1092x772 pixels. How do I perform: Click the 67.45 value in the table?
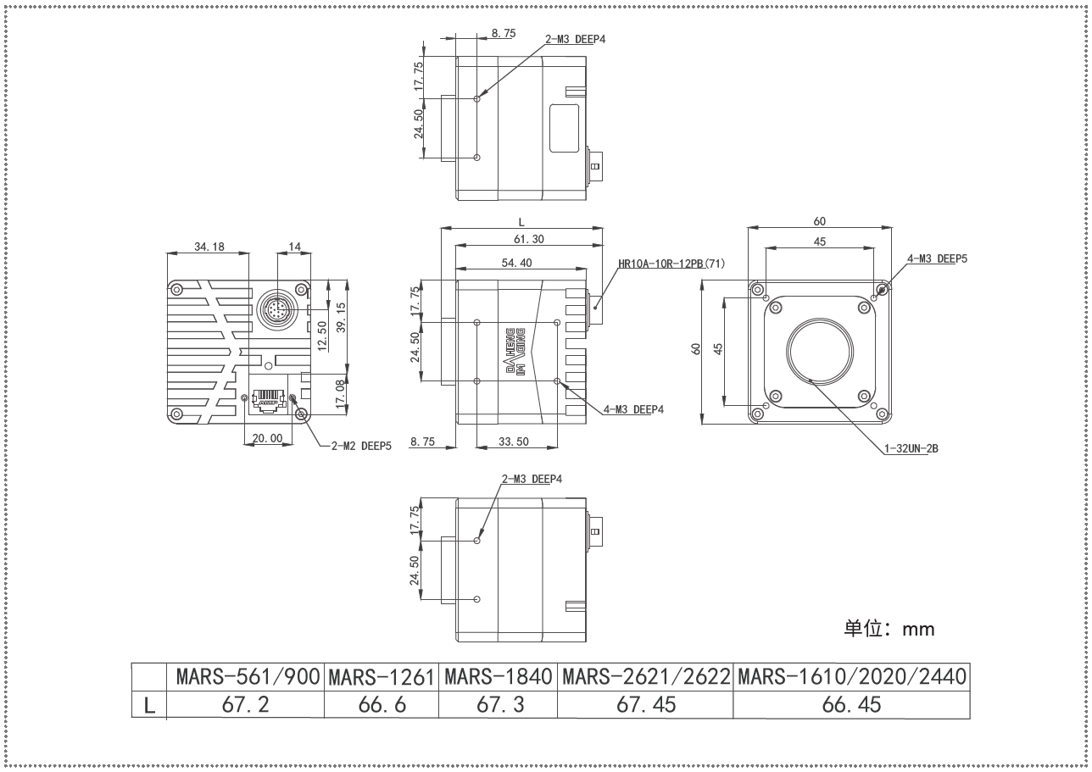pyautogui.click(x=646, y=705)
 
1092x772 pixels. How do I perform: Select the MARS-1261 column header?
pyautogui.click(x=382, y=677)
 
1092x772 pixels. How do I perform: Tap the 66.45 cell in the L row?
pyautogui.click(x=852, y=705)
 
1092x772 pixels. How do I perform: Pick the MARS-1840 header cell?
pyautogui.click(x=499, y=677)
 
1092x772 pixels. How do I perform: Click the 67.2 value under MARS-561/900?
pyautogui.click(x=245, y=705)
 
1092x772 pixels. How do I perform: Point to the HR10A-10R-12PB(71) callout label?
pyautogui.click(x=671, y=264)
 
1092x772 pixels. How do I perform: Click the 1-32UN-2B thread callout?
pyautogui.click(x=911, y=448)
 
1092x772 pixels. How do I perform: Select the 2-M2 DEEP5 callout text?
pyautogui.click(x=361, y=446)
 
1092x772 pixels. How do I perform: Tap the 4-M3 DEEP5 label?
pyautogui.click(x=937, y=258)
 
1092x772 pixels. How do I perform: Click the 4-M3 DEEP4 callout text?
pyautogui.click(x=634, y=409)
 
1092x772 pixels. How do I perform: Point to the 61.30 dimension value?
pyautogui.click(x=529, y=239)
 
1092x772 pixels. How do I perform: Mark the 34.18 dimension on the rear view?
pyautogui.click(x=209, y=247)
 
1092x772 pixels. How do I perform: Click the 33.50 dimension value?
pyautogui.click(x=513, y=442)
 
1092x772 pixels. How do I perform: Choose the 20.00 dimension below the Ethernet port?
pyautogui.click(x=267, y=438)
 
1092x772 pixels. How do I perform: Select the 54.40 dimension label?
pyautogui.click(x=517, y=263)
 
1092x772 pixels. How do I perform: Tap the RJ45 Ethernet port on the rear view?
pyautogui.click(x=269, y=401)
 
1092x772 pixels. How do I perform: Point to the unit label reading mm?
pyautogui.click(x=918, y=630)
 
